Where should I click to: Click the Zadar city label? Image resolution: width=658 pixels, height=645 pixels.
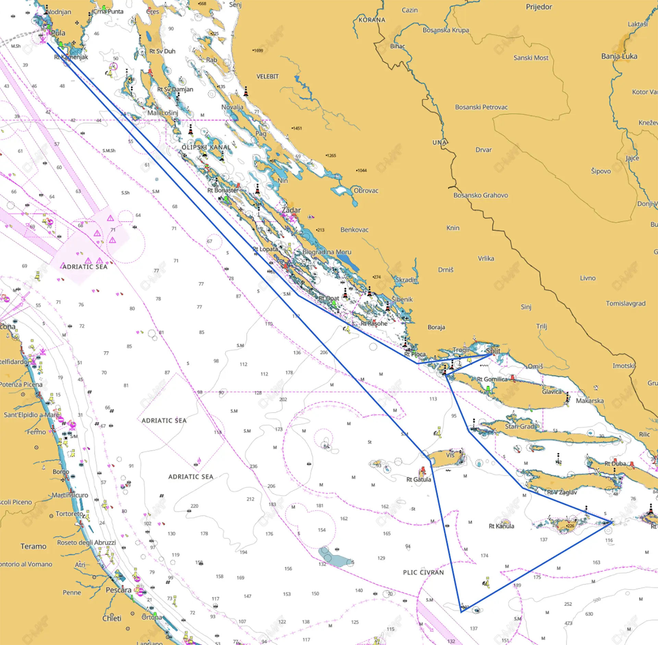291,210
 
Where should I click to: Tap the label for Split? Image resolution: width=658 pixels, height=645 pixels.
493,351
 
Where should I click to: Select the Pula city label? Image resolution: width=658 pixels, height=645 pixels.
58,33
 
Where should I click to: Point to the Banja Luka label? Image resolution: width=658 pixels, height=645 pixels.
619,56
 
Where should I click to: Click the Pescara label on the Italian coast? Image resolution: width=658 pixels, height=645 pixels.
118,590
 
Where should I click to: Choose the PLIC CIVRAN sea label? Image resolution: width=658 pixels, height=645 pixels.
423,572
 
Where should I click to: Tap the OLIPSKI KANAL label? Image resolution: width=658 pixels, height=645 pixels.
206,147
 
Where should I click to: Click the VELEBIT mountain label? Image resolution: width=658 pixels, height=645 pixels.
267,76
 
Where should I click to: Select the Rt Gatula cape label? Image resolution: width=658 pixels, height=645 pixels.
418,479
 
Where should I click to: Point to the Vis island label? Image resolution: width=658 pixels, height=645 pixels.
450,455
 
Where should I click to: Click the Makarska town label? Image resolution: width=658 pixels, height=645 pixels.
589,401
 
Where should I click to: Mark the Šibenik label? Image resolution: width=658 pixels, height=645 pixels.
402,299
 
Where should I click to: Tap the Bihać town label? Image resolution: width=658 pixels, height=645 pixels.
398,46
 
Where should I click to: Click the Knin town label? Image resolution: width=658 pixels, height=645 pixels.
453,228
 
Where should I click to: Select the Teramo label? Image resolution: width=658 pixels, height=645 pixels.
33,546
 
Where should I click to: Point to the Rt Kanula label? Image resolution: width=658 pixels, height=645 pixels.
501,526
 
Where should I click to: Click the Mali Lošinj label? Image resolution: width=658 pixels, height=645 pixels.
163,113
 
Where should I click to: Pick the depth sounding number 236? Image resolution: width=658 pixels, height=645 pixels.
254,466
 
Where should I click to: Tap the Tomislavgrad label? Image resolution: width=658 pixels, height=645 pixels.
625,303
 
